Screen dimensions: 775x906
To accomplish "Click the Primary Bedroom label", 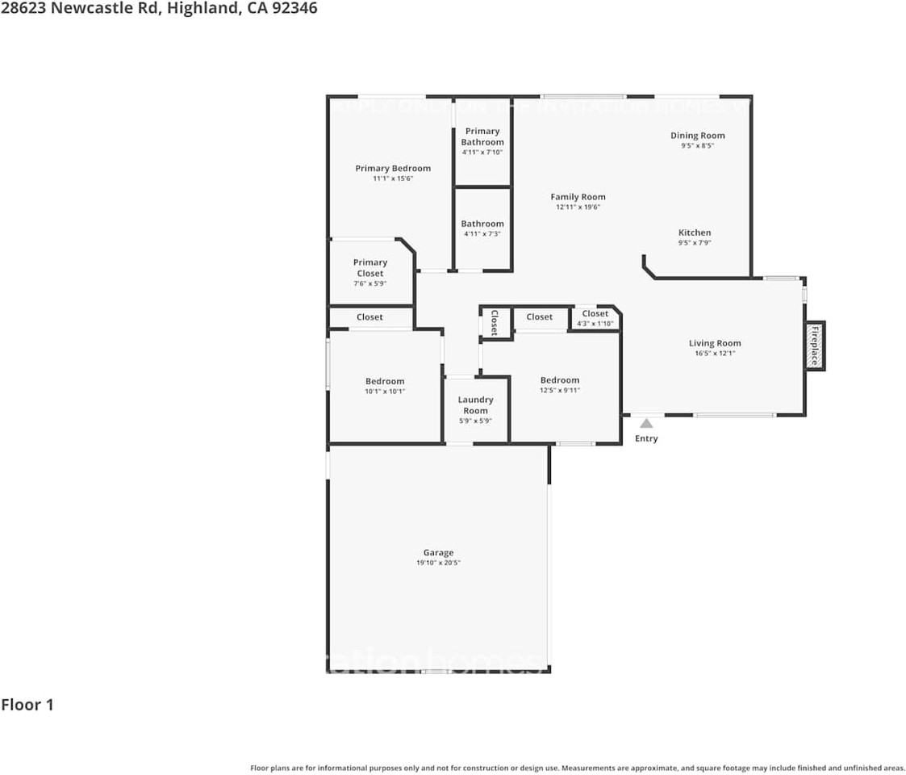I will [393, 168].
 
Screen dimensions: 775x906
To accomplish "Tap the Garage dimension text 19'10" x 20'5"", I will [438, 563].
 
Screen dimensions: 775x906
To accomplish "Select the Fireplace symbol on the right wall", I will [815, 346].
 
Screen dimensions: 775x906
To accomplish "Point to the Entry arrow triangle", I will [646, 423].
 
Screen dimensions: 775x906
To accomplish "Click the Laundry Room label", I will [475, 404].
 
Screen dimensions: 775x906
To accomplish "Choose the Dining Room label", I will [697, 136].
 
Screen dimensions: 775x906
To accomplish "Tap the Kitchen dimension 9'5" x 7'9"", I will [695, 243].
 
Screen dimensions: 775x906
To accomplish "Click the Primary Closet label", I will [370, 267].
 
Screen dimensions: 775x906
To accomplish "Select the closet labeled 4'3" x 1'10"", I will [595, 318].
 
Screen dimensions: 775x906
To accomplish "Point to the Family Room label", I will [578, 197].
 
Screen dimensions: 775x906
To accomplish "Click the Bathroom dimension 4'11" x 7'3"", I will [482, 234].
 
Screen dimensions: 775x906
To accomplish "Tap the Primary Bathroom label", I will [482, 136].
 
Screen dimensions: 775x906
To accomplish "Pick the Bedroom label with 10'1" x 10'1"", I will [385, 381].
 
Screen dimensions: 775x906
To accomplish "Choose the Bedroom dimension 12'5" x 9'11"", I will [560, 390].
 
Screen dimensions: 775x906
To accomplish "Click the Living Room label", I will [714, 343].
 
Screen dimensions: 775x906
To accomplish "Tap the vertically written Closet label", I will [495, 322].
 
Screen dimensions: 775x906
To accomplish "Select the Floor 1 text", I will [27, 705].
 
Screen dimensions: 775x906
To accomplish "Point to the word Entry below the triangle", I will [646, 438].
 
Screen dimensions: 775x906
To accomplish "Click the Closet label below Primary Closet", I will [369, 317].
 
